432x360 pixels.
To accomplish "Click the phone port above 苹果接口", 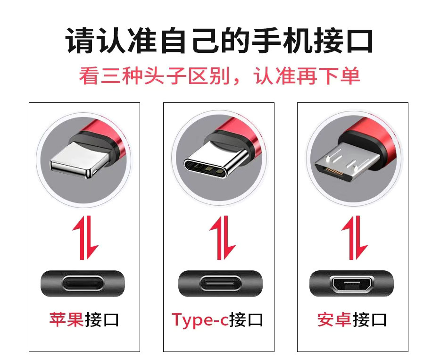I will [x=84, y=284].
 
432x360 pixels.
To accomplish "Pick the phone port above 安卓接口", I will [x=351, y=284].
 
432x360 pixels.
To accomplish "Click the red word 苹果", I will [x=66, y=319].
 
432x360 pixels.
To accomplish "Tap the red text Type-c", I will [x=200, y=320].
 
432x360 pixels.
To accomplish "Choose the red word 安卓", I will [x=334, y=319].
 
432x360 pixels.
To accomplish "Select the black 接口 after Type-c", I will [x=246, y=319].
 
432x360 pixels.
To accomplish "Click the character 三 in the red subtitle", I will [x=111, y=76].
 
